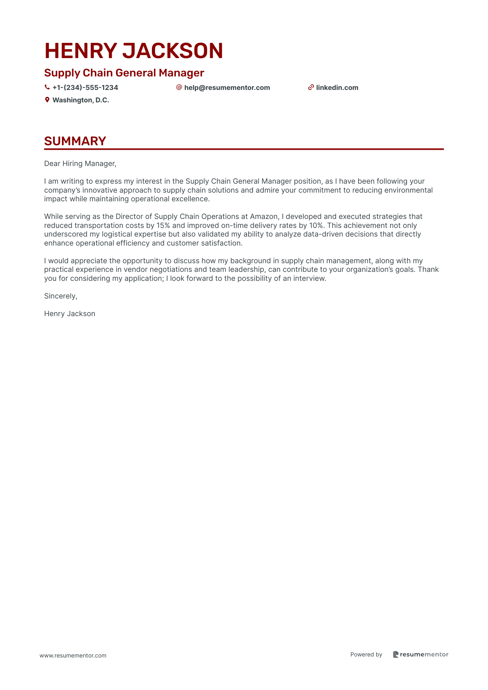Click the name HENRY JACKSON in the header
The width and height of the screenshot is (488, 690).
(x=134, y=51)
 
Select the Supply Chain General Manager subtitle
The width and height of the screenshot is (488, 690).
(x=124, y=73)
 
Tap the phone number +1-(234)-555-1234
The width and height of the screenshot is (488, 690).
(x=85, y=88)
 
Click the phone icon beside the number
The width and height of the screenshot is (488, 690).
(x=47, y=88)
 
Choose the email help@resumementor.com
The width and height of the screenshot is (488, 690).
(x=227, y=88)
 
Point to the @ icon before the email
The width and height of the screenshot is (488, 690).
(x=179, y=87)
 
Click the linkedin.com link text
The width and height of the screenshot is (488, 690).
(x=337, y=88)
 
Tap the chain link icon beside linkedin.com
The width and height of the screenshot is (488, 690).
(x=311, y=88)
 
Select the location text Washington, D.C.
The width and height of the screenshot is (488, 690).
(x=81, y=100)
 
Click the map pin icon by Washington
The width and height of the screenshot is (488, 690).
(x=47, y=100)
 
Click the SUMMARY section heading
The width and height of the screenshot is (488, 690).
(x=75, y=141)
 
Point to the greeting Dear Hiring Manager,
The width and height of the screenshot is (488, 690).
(x=80, y=164)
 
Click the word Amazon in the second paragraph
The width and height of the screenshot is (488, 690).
(x=264, y=217)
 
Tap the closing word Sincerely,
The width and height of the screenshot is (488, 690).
(x=61, y=296)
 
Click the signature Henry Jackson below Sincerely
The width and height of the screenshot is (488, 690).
(x=70, y=314)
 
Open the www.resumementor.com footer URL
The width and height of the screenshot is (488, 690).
(x=73, y=655)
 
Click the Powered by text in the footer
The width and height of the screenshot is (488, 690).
(x=366, y=654)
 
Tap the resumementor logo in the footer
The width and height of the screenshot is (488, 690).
(x=421, y=654)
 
